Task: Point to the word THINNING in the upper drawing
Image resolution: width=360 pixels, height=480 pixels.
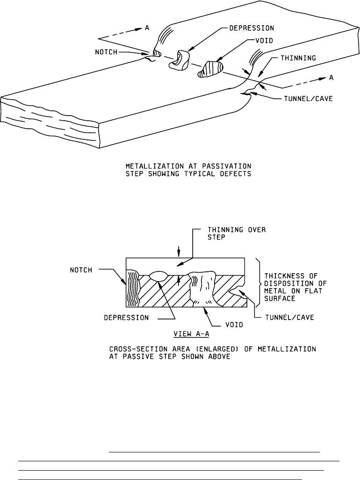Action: [x=299, y=59]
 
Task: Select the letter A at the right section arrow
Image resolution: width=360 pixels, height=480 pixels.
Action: [x=331, y=78]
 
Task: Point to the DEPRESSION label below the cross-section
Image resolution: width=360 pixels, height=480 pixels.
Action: [x=126, y=317]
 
